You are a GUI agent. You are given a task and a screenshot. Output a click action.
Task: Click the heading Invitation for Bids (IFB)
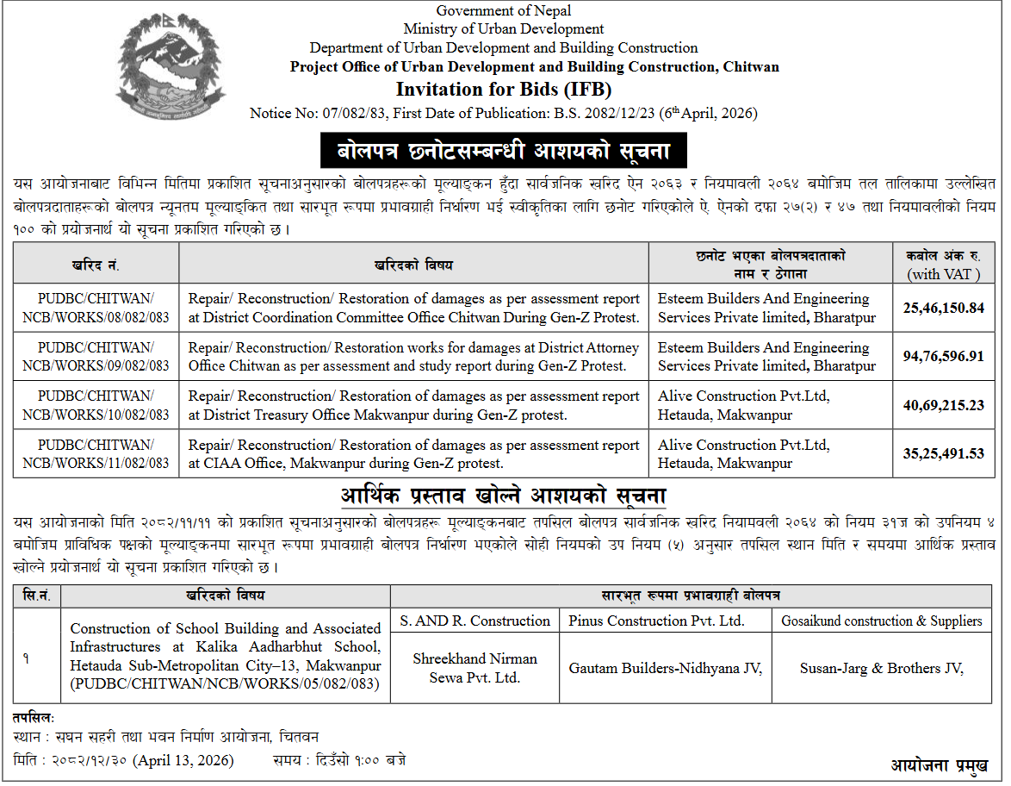coord(504,90)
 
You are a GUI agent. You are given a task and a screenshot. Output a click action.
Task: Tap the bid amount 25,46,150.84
coord(943,308)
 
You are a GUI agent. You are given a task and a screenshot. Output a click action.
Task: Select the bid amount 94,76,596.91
coord(943,357)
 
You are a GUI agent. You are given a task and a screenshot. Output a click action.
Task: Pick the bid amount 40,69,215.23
coord(943,405)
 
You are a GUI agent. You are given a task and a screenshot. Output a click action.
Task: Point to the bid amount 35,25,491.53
coord(943,454)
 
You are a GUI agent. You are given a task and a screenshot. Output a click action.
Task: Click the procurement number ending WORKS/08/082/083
coord(96,308)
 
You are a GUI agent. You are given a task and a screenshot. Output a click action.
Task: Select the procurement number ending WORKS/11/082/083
coord(96,454)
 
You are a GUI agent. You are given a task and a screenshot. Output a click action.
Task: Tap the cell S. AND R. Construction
coord(474,621)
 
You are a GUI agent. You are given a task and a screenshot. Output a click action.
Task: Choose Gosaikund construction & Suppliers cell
coord(881,621)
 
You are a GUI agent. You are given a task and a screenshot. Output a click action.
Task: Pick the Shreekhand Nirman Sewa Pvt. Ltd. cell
coord(474,668)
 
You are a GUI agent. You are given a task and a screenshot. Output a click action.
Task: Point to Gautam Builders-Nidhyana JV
coord(665,668)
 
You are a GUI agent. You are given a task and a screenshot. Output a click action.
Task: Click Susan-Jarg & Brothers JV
coord(881,668)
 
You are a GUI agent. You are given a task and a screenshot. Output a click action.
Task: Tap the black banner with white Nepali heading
coord(505,152)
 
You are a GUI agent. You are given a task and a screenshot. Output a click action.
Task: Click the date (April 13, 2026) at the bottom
coord(183,760)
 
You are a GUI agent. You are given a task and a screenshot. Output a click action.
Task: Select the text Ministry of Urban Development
coord(504,29)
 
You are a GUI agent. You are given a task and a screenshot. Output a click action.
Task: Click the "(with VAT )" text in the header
coord(943,274)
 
